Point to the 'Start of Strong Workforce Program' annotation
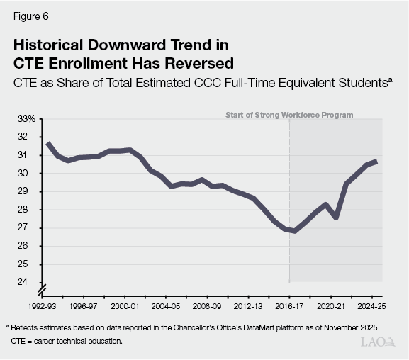click(x=288, y=115)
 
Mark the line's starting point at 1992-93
click(x=47, y=143)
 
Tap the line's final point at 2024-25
click(x=376, y=162)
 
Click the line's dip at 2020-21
click(x=335, y=218)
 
